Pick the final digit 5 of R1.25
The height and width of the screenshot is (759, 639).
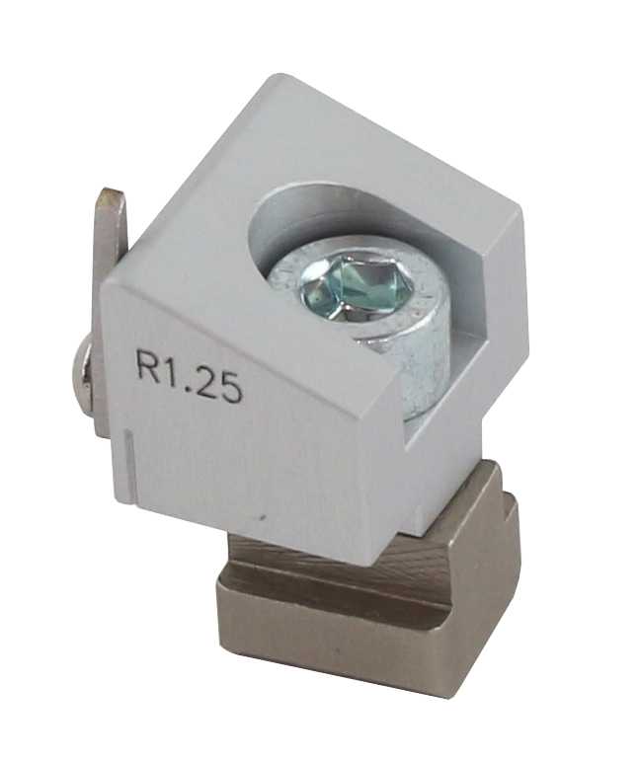(x=230, y=387)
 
